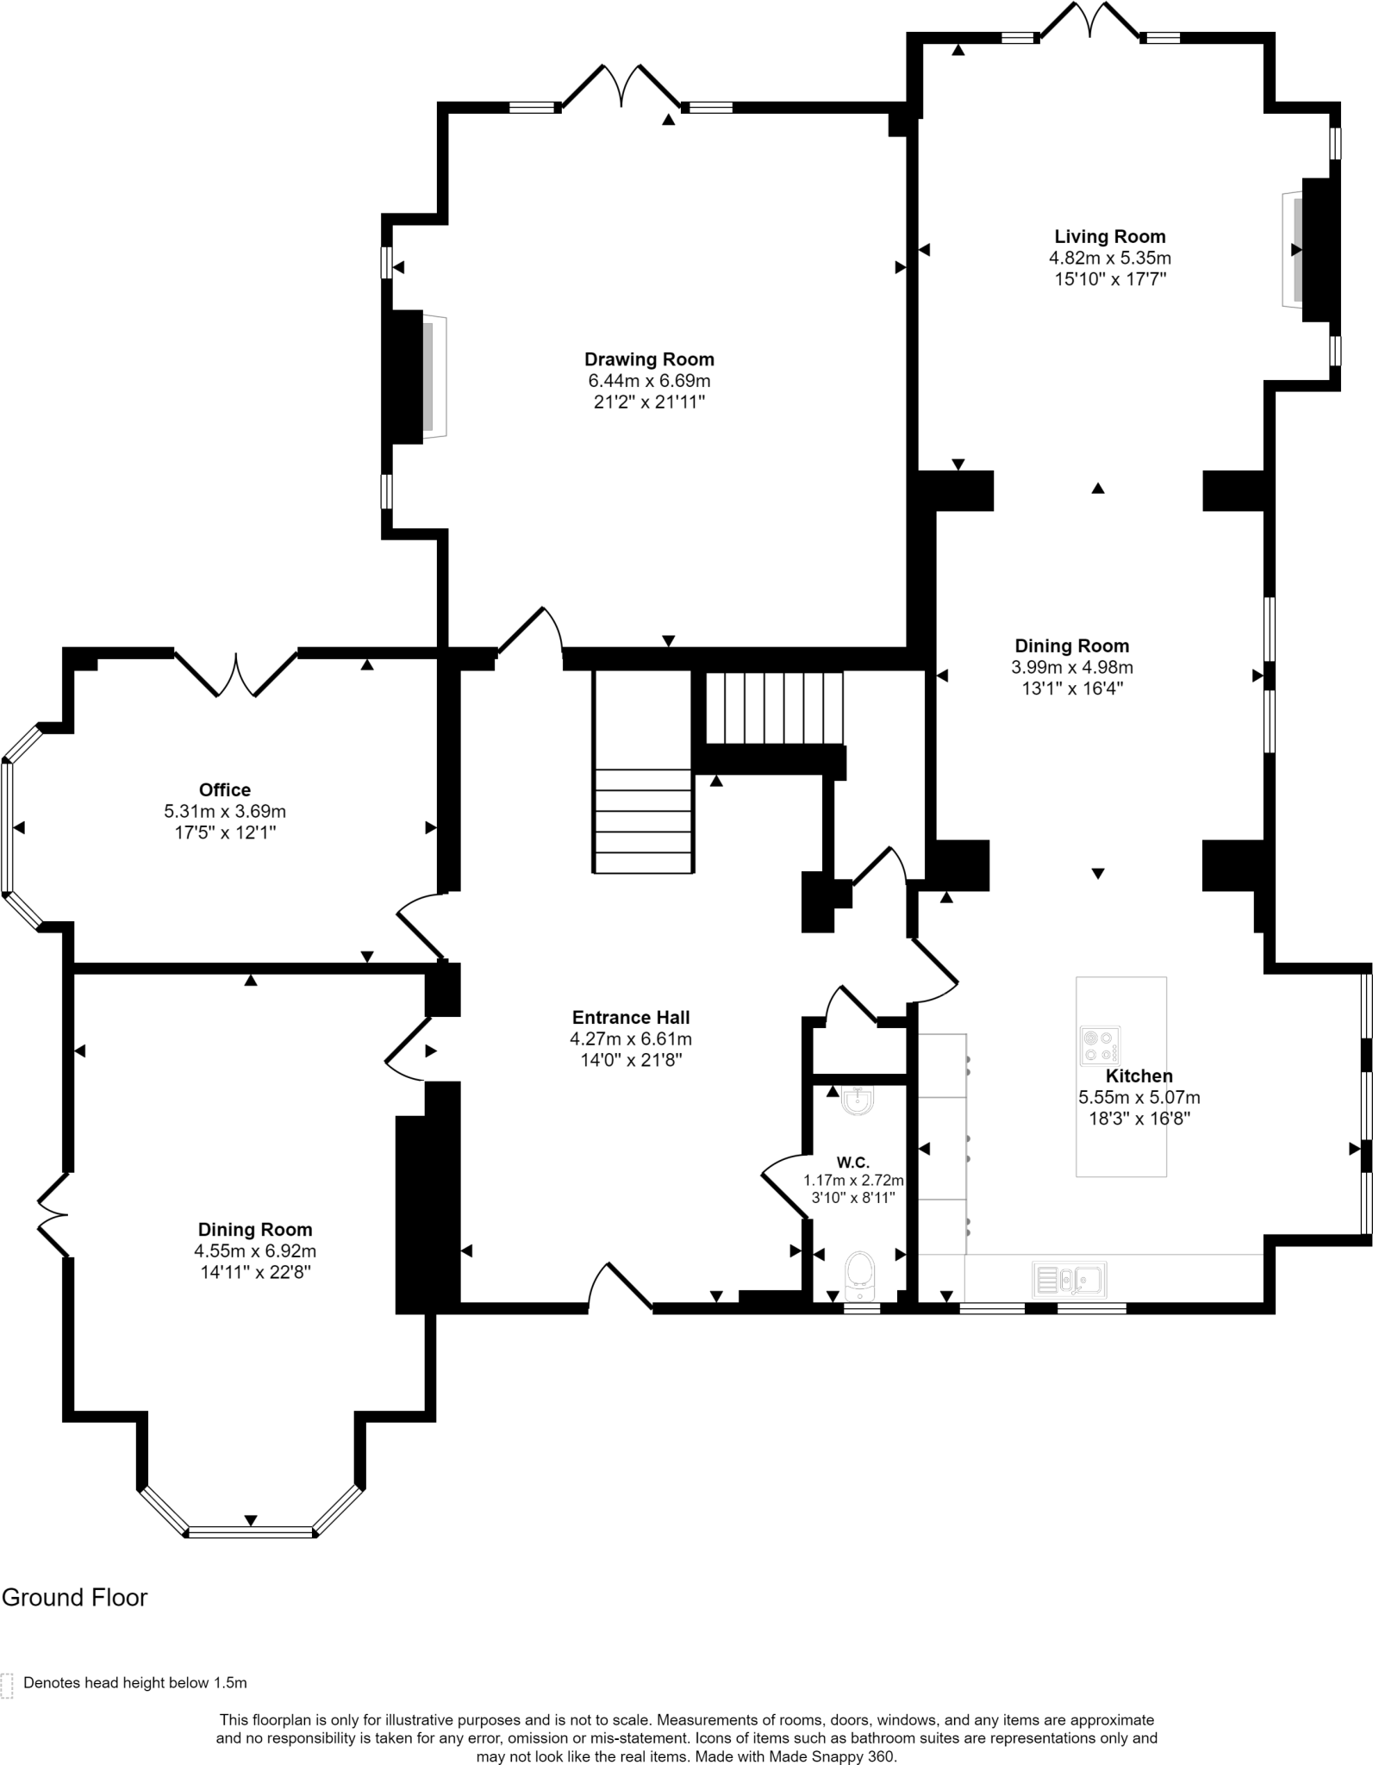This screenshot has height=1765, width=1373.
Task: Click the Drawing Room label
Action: coord(649,359)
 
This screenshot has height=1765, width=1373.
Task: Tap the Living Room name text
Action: coord(1109,236)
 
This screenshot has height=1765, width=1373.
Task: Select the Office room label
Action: coord(225,789)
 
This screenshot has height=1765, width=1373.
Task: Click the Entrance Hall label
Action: coord(631,1017)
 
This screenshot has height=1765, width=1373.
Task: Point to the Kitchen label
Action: coord(1139,1076)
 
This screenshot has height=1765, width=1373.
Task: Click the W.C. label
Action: coord(852,1163)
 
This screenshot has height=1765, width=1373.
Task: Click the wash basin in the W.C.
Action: coord(858,1101)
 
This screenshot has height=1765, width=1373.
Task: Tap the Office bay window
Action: coord(9,827)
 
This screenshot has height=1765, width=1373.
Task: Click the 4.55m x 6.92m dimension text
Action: coord(254,1250)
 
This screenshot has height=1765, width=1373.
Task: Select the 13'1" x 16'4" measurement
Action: coord(1071,689)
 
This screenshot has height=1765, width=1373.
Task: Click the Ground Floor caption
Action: coord(75,1598)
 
